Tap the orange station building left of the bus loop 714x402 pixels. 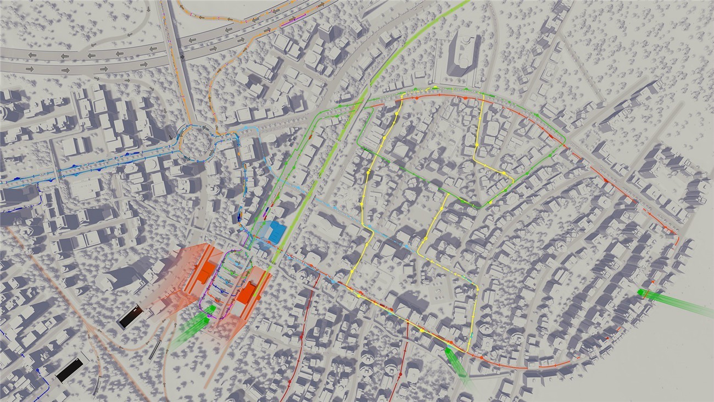207,272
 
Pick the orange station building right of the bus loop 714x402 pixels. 248,291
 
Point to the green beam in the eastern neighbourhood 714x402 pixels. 676,302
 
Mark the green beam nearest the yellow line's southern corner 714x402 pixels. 456,361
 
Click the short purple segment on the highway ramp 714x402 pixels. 288,23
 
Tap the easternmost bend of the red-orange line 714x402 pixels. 678,239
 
